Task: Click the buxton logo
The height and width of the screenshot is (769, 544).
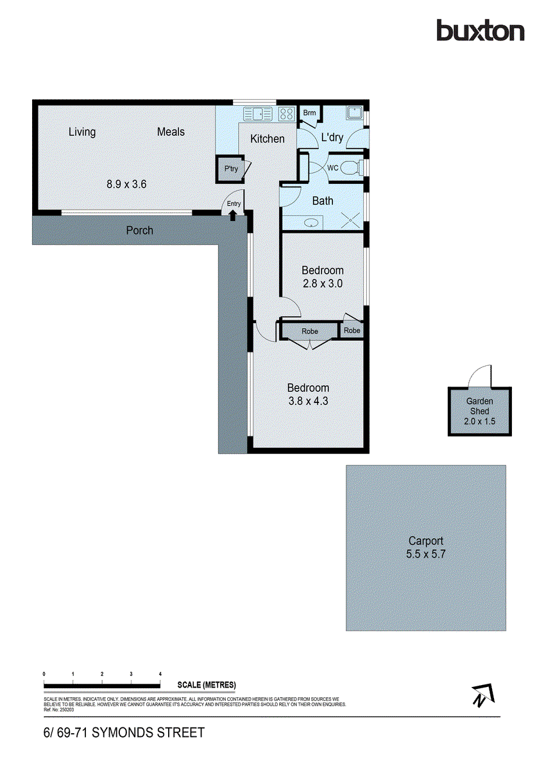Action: coord(480,30)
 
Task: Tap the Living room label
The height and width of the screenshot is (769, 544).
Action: coord(82,132)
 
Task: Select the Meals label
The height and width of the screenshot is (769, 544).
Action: coord(171,132)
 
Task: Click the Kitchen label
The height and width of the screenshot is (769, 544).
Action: coord(267,138)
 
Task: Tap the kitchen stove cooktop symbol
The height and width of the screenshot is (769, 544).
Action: coord(286,115)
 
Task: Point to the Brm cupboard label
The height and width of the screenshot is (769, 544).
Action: coord(309,113)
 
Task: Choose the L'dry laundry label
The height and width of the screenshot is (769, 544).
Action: coord(332,137)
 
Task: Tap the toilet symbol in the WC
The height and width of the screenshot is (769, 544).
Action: coord(349,169)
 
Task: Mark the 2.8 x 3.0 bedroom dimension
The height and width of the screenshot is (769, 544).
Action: coord(323,283)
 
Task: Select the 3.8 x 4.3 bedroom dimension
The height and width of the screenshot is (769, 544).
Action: coord(308,401)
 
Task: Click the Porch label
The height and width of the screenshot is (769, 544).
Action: coord(139,230)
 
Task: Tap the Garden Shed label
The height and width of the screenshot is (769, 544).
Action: coord(479,406)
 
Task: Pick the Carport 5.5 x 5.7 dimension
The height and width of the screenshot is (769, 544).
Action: coord(425,554)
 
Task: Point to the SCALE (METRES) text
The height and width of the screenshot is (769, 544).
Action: coord(206,685)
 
